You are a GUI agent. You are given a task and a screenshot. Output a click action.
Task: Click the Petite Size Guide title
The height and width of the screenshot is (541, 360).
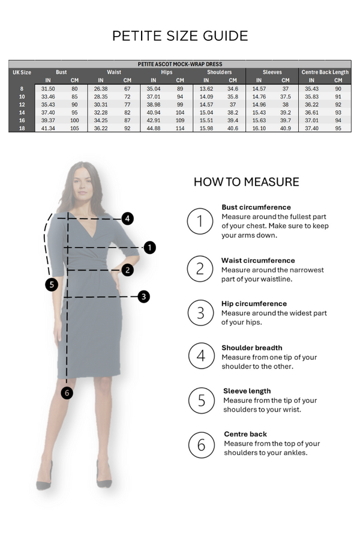click(180, 36)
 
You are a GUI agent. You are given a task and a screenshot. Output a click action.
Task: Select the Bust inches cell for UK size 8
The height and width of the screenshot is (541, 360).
click(48, 89)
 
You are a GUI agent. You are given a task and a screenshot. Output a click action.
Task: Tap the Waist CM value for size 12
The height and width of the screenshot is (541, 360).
click(127, 104)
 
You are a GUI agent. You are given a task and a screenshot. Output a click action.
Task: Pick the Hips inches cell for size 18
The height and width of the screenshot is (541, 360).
click(154, 128)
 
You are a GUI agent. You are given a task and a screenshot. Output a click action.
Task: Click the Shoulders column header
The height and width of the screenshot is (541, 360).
click(220, 72)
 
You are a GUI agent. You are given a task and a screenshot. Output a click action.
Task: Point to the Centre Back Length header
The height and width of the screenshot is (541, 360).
click(325, 72)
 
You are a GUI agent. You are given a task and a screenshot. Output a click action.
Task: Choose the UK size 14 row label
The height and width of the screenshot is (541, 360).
click(22, 112)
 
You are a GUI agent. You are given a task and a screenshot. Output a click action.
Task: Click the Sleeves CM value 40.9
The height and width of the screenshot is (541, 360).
click(286, 128)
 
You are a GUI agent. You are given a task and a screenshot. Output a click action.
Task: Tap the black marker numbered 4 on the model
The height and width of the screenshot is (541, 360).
click(128, 219)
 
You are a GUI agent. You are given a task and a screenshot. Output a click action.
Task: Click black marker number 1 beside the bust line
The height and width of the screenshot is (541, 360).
click(149, 247)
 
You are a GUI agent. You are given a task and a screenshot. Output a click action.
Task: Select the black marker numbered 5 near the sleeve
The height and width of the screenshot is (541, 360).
click(52, 285)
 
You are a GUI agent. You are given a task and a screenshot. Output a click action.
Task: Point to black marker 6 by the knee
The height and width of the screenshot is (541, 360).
click(67, 393)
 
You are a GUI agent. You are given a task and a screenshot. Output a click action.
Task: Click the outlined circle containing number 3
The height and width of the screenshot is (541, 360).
click(200, 313)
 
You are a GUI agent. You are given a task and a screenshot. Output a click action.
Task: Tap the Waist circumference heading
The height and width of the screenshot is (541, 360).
click(258, 261)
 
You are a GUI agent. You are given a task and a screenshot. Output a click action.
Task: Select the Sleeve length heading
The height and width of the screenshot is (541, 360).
click(247, 391)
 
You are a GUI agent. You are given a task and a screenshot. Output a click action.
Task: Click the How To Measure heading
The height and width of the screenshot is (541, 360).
click(246, 182)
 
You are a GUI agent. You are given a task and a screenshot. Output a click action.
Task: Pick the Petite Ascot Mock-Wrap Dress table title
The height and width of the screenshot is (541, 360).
click(180, 64)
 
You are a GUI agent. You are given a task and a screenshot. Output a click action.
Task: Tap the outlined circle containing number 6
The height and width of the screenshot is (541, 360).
click(202, 445)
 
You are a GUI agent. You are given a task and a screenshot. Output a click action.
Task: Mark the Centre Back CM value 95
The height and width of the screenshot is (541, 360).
click(338, 128)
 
